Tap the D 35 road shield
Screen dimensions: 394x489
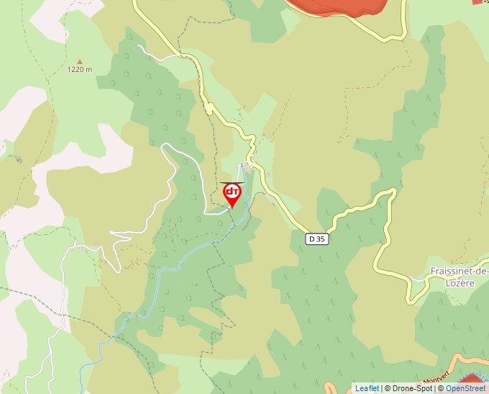point(316,238)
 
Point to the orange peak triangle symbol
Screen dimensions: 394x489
point(80,62)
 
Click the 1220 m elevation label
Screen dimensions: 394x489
point(80,70)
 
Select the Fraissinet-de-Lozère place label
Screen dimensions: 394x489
point(458,277)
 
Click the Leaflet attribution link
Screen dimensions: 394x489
point(367,388)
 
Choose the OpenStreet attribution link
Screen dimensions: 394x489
point(465,388)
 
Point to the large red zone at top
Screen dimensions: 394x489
point(338,7)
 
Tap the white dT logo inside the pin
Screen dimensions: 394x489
point(232,192)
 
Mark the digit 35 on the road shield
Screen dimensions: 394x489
point(321,238)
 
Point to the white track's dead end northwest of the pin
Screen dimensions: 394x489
point(139,47)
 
